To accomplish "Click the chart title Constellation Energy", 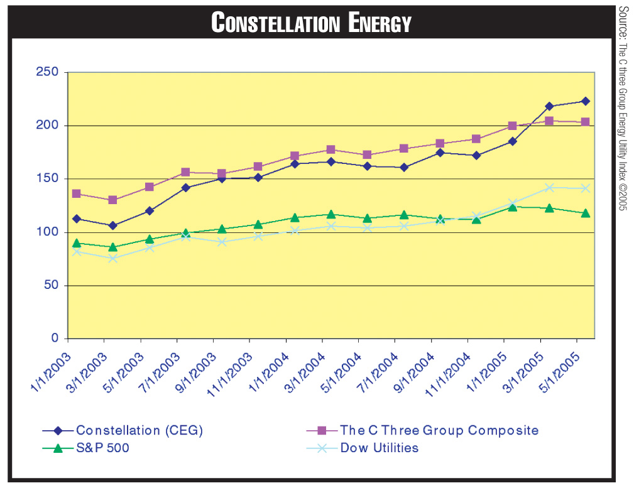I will point(312,23).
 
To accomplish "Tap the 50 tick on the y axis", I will point(52,285).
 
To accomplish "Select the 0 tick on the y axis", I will point(55,339).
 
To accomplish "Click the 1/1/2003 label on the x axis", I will point(52,371).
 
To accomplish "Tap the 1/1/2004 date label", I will point(269,371).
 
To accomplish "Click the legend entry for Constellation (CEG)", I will point(139,431).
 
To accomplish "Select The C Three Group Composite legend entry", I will point(439,431).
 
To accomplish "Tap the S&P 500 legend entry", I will point(102,448).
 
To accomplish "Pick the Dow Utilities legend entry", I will point(379,448).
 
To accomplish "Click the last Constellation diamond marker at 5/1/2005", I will point(585,101).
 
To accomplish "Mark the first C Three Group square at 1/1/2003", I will point(76,193).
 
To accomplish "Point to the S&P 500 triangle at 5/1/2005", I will point(585,213).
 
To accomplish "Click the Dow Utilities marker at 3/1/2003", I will point(112,258).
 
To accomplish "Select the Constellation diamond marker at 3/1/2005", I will point(549,106).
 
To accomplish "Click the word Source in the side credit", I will point(623,22).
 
